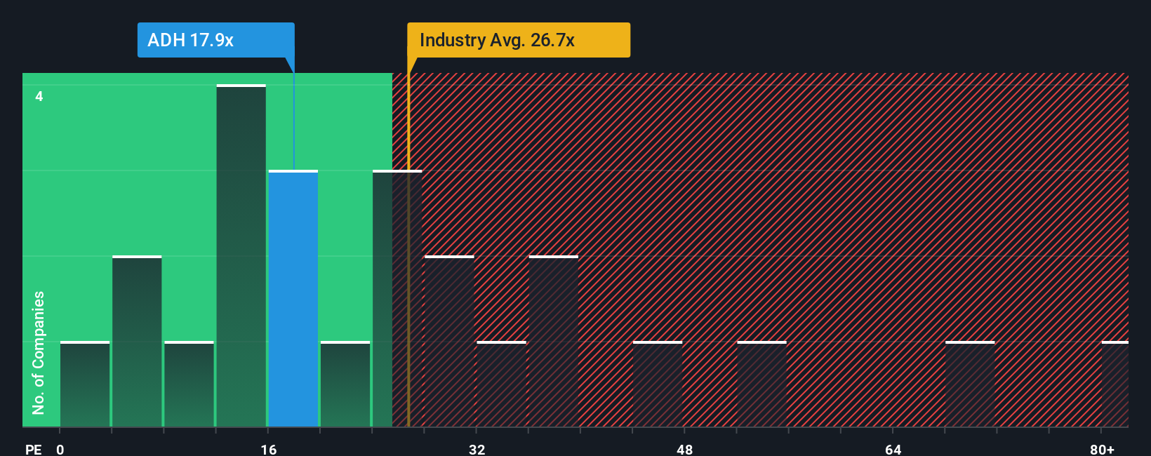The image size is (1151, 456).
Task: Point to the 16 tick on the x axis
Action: click(x=268, y=449)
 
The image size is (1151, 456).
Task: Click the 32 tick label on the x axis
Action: click(x=477, y=449)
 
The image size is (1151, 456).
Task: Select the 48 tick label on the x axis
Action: click(x=684, y=449)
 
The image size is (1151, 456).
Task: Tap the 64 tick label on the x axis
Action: click(x=893, y=449)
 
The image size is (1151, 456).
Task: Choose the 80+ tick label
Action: click(x=1102, y=449)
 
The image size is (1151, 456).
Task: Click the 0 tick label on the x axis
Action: click(x=60, y=449)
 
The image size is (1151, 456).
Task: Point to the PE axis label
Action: click(x=33, y=449)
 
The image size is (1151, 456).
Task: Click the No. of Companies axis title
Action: click(x=39, y=352)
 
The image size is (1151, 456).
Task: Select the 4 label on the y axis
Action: click(x=39, y=96)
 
